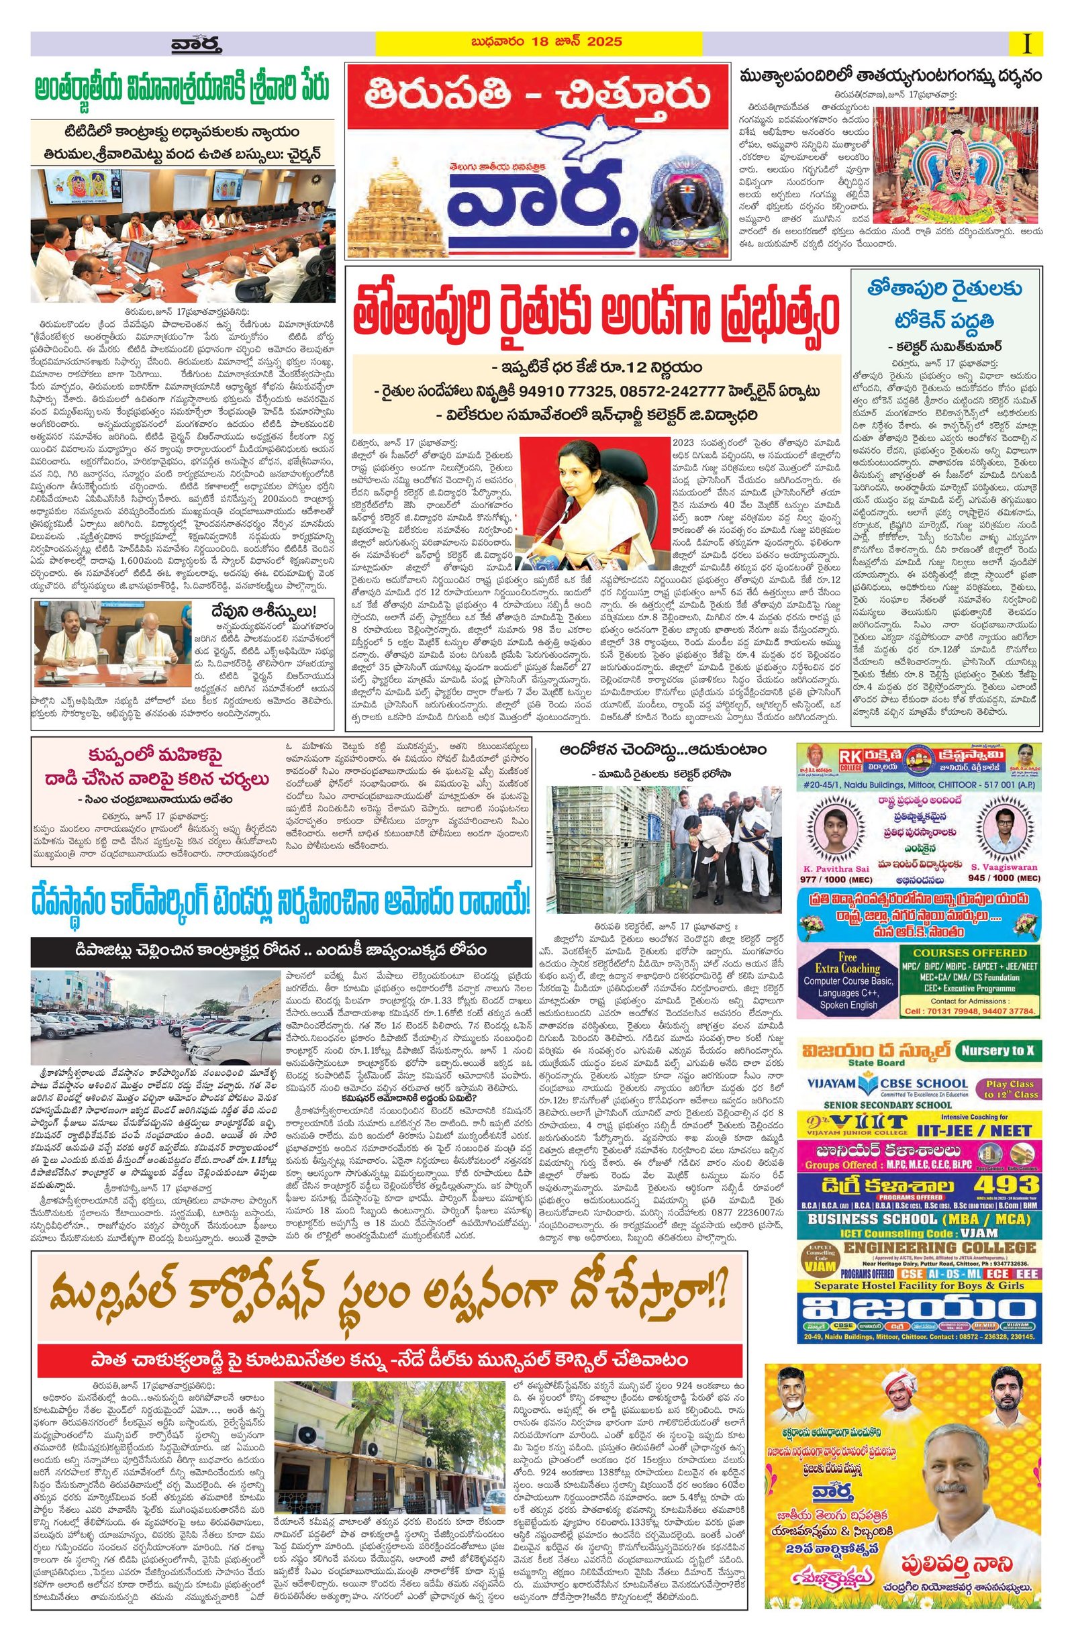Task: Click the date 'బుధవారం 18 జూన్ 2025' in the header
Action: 539,42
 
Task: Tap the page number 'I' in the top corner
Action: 1027,45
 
